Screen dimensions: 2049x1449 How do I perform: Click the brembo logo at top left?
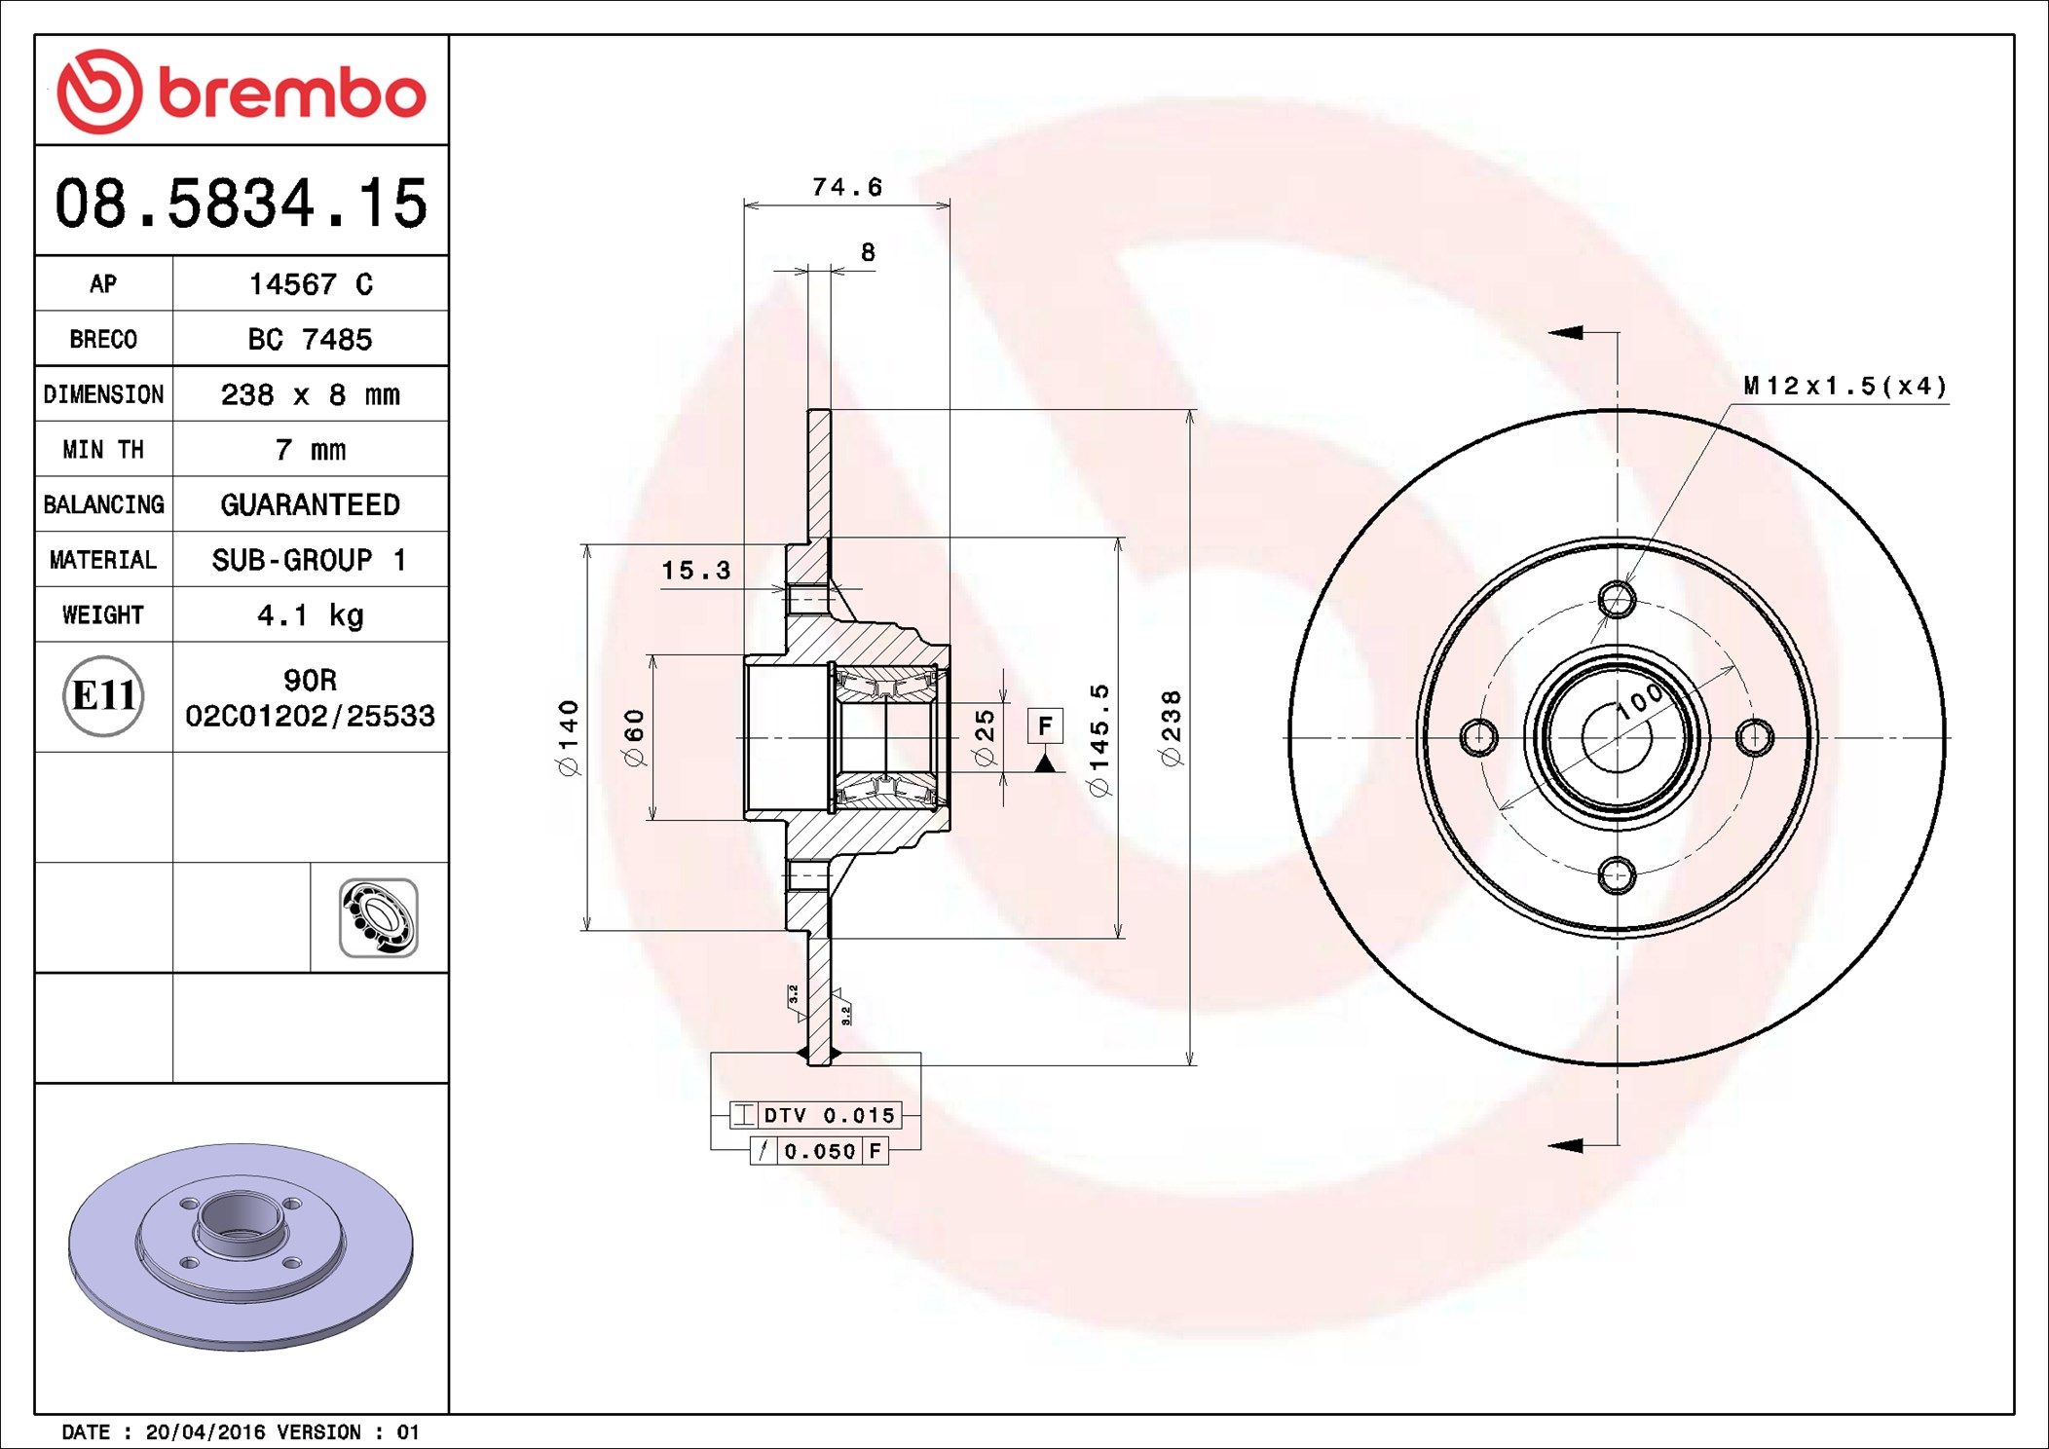point(242,92)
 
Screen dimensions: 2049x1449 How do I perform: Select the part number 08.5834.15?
point(242,204)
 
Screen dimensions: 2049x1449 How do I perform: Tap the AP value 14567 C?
point(311,284)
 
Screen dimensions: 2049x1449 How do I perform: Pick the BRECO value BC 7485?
point(310,339)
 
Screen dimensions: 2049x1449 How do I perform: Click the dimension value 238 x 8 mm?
point(310,394)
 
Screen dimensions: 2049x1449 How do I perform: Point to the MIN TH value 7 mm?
point(310,450)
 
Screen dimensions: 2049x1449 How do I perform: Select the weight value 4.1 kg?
point(310,615)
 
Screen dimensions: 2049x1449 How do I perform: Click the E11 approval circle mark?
point(103,695)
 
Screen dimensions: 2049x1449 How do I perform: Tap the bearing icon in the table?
point(379,918)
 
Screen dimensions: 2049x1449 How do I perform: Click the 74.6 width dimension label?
point(847,187)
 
